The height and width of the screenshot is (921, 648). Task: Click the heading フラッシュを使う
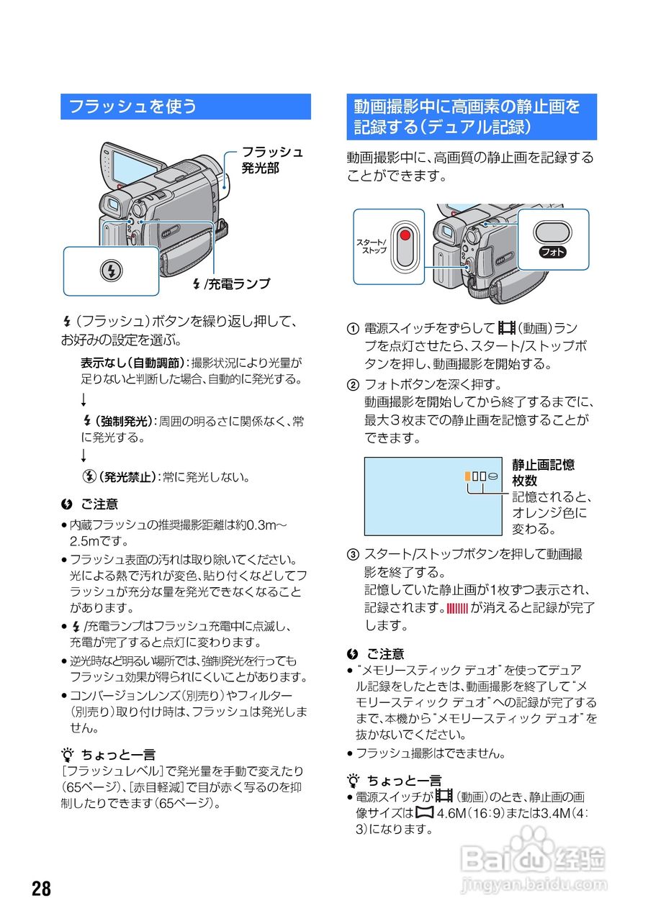(x=132, y=107)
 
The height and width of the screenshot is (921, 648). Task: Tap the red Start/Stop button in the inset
(x=405, y=236)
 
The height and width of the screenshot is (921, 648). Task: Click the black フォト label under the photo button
(x=552, y=252)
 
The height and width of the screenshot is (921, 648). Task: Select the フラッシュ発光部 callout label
(x=271, y=160)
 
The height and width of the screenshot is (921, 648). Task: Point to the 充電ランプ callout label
(x=238, y=284)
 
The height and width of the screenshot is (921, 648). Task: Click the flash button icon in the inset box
(x=111, y=271)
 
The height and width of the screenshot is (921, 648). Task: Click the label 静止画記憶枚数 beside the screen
(x=543, y=473)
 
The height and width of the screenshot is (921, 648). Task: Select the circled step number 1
(x=353, y=329)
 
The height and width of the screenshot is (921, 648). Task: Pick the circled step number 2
(x=353, y=384)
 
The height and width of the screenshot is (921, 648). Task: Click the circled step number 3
(x=353, y=555)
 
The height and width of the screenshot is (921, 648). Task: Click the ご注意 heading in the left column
(x=99, y=504)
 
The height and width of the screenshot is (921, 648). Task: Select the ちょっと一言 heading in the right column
(x=403, y=780)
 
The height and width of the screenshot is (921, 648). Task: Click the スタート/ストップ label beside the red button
(x=373, y=245)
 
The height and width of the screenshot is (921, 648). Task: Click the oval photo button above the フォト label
(x=552, y=232)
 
